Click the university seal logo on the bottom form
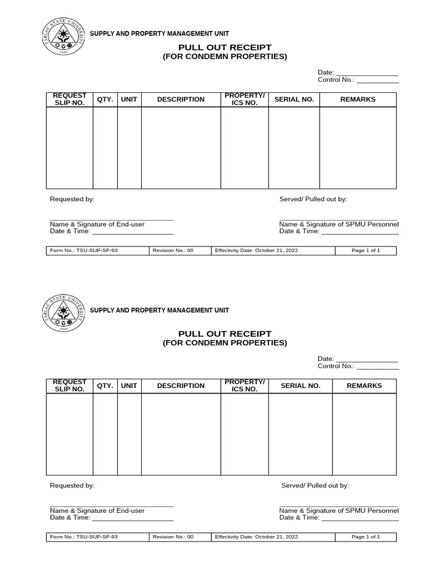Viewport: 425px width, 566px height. pyautogui.click(x=66, y=313)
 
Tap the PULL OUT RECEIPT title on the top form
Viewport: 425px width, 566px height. pyautogui.click(x=225, y=48)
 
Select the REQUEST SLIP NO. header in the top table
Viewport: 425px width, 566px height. pyautogui.click(x=70, y=99)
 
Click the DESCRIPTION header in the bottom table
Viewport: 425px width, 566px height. pyautogui.click(x=181, y=386)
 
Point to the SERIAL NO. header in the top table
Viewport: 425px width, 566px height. pyautogui.click(x=294, y=99)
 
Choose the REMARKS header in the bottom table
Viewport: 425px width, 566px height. pyautogui.click(x=364, y=386)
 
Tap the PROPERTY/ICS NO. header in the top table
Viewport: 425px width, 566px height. pyautogui.click(x=245, y=99)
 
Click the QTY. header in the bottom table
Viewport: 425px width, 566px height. pyautogui.click(x=105, y=386)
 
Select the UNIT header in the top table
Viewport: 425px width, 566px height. pyautogui.click(x=129, y=99)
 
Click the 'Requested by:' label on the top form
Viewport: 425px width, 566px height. pyautogui.click(x=72, y=199)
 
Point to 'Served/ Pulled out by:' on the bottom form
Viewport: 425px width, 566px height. pyautogui.click(x=315, y=485)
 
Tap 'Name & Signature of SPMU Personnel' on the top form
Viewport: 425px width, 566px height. pyautogui.click(x=339, y=224)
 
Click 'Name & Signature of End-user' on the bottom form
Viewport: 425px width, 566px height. pyautogui.click(x=97, y=511)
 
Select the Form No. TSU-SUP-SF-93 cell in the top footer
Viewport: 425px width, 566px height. pyautogui.click(x=84, y=250)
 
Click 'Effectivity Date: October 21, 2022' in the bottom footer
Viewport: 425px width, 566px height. pyautogui.click(x=256, y=537)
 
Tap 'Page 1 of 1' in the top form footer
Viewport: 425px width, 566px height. pyautogui.click(x=366, y=250)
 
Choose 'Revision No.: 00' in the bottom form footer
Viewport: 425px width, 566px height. pyautogui.click(x=173, y=537)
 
